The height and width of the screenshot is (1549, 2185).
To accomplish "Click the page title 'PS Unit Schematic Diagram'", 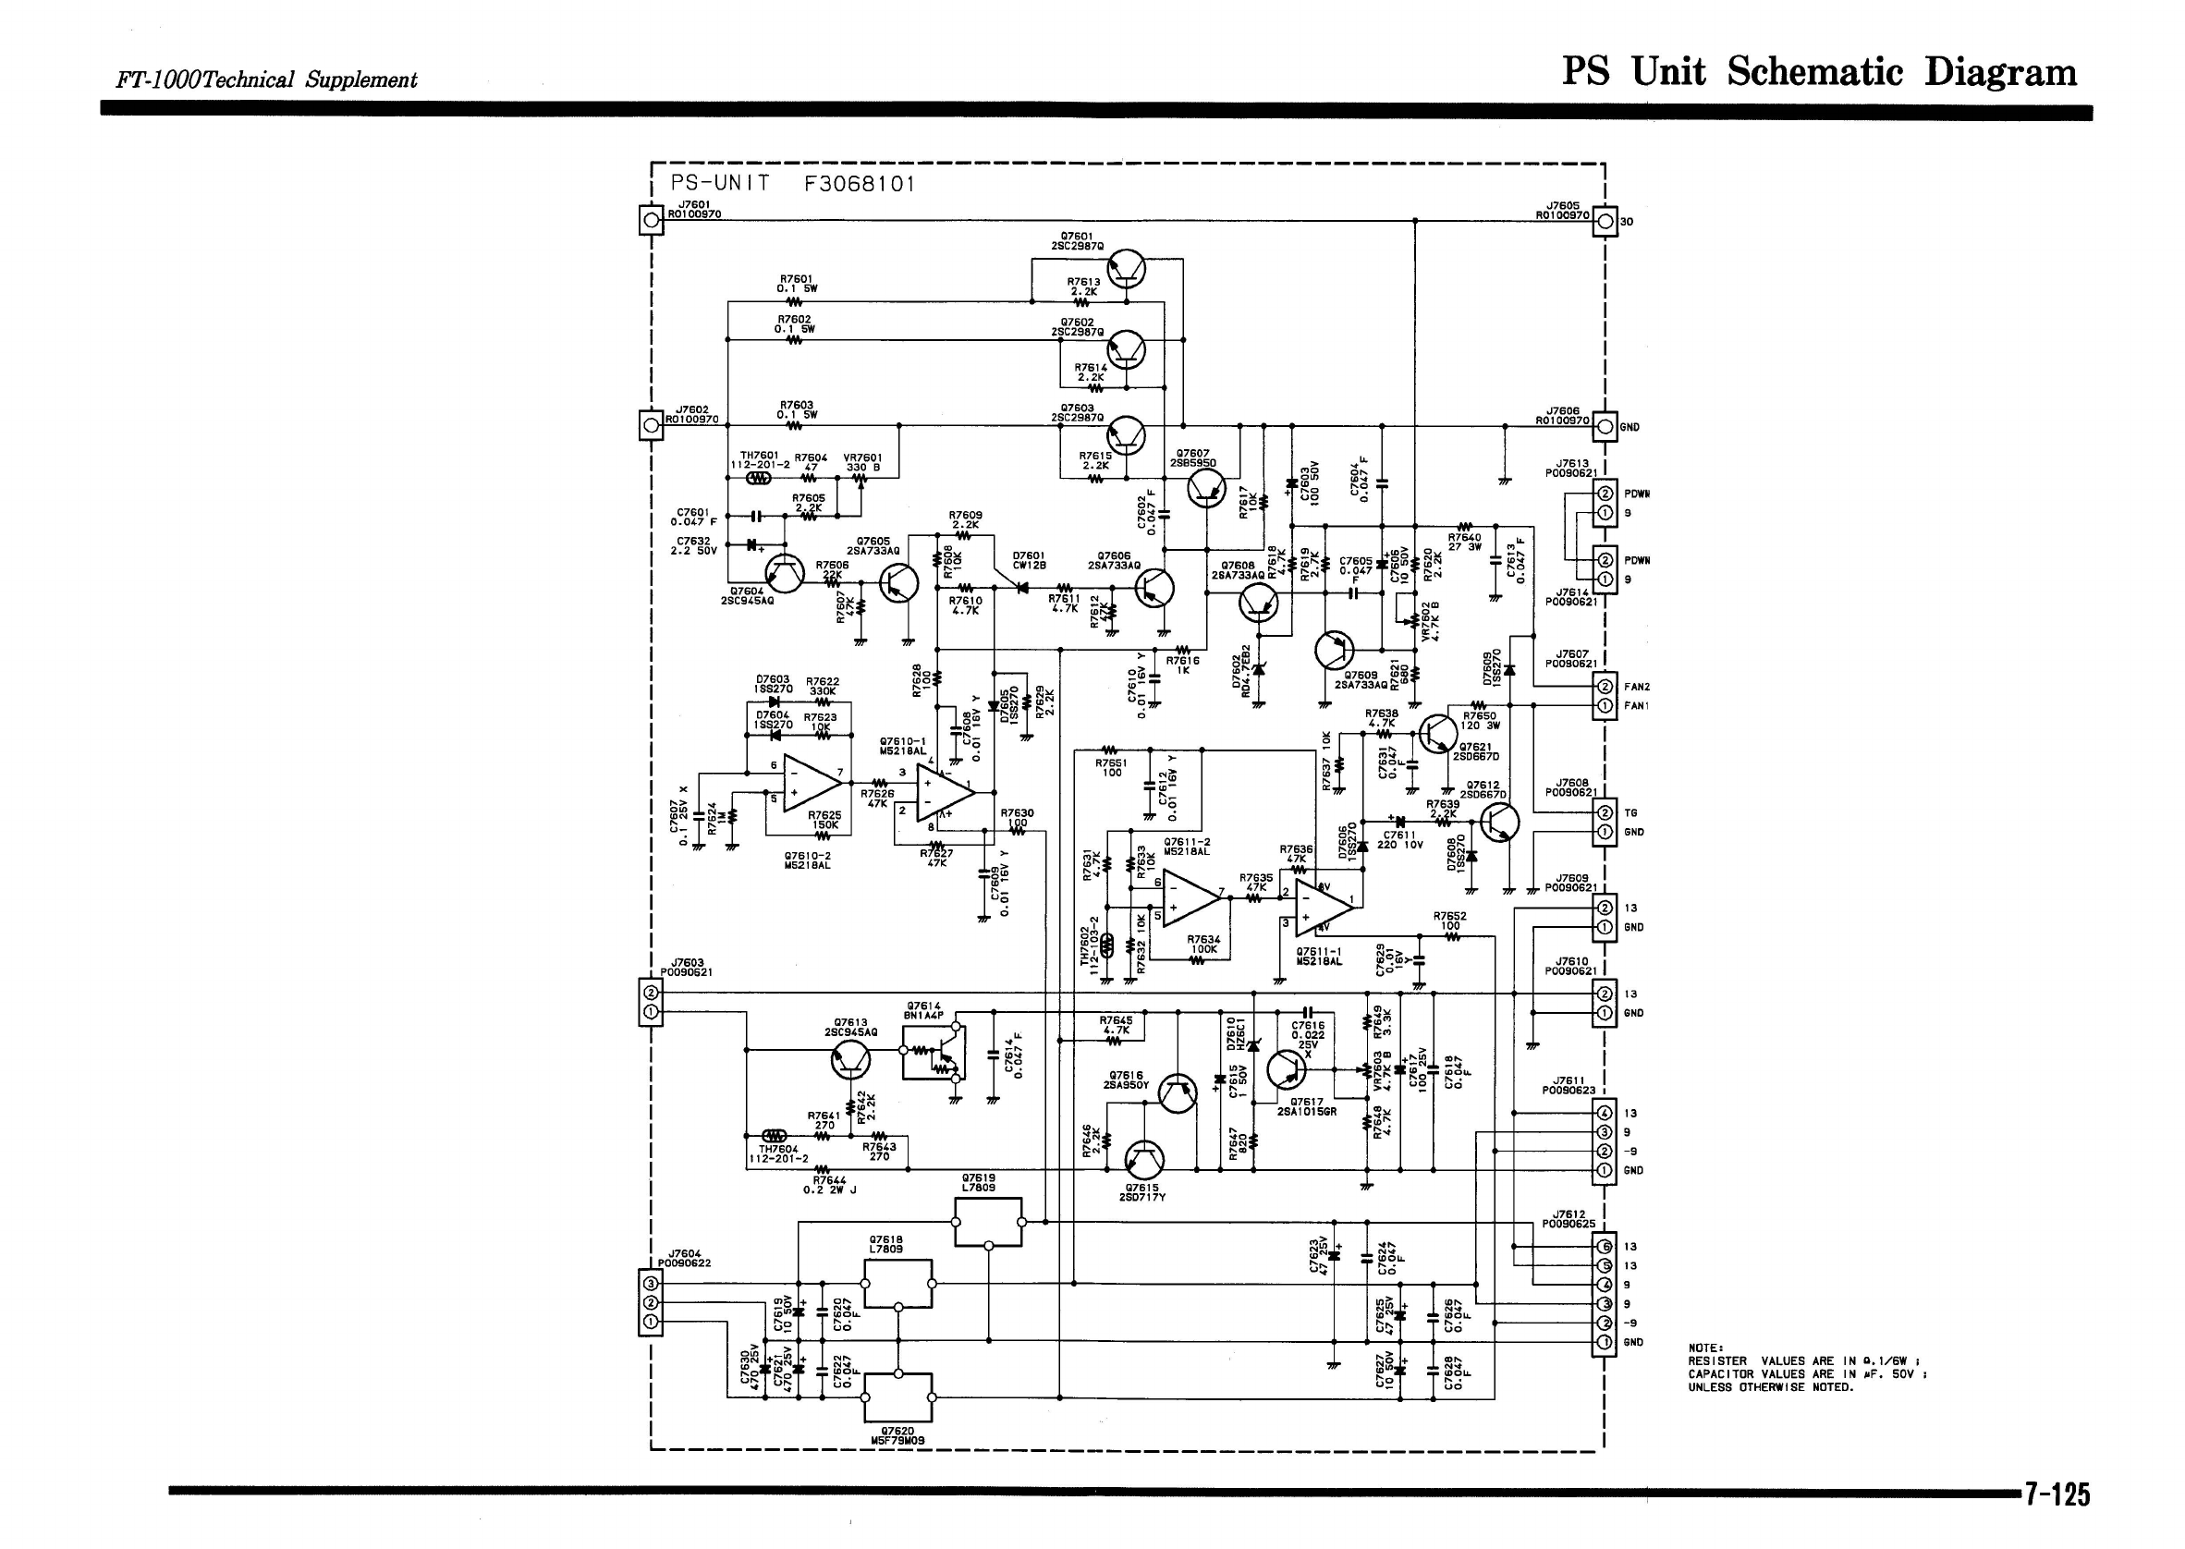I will click(x=1819, y=72).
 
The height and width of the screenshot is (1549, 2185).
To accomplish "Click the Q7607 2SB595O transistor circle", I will click(x=1206, y=489).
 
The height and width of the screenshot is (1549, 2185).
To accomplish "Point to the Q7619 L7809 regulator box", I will click(x=988, y=1222).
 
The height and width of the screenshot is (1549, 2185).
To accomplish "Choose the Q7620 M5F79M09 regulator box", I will click(x=897, y=1397).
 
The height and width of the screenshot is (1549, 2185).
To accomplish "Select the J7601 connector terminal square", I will click(x=651, y=221).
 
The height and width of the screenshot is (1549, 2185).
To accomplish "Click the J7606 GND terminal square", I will click(x=1605, y=425).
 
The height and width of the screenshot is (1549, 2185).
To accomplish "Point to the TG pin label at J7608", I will click(x=1630, y=812).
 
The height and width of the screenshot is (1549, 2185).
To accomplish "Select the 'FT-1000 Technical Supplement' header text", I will click(x=266, y=80).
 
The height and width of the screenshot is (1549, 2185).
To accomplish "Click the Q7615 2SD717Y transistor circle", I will click(x=1143, y=1160).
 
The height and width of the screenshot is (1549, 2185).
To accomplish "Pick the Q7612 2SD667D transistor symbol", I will click(x=1498, y=822).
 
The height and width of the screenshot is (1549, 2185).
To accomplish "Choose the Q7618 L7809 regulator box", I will click(x=897, y=1284).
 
